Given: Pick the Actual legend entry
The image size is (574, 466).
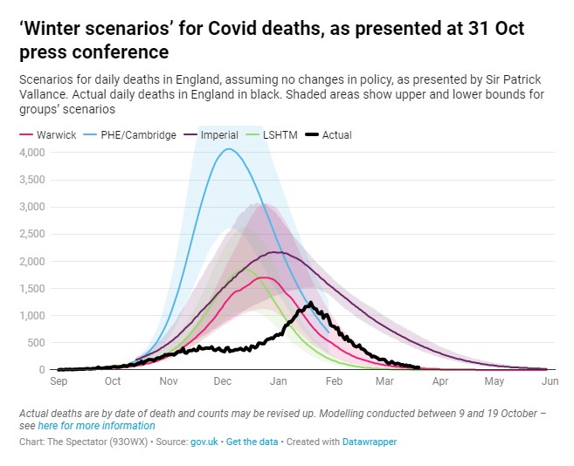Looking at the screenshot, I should [336, 135].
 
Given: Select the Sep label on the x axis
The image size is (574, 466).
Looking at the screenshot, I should [59, 381].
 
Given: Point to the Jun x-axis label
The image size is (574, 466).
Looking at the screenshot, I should [550, 381].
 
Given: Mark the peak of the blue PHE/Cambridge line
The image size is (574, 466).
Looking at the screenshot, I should [228, 149].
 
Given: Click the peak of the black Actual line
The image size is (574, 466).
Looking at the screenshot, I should [310, 303].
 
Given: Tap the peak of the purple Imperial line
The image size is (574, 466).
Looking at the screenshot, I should [276, 252].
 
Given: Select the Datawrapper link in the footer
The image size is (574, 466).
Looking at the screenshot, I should [370, 442].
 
